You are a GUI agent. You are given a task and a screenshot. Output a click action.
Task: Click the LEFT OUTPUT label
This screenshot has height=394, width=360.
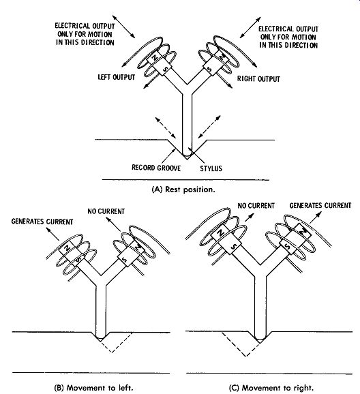click(117, 77)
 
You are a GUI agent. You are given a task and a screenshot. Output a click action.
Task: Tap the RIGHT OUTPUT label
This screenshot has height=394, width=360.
click(258, 79)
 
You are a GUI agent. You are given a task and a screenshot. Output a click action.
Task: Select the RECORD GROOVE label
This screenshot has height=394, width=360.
click(156, 168)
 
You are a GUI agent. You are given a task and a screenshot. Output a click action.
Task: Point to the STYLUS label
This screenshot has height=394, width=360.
click(211, 168)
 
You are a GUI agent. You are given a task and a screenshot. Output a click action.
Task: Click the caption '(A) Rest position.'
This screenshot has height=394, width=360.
click(183, 190)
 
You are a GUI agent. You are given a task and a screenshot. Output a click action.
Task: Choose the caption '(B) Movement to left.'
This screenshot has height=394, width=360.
click(93, 388)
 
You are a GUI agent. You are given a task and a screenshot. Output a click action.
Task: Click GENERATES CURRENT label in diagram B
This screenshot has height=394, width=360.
click(42, 222)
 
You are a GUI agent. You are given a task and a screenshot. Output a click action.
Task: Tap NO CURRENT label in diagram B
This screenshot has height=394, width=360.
click(106, 211)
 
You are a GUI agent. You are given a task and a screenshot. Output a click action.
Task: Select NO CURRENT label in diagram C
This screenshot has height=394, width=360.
click(256, 206)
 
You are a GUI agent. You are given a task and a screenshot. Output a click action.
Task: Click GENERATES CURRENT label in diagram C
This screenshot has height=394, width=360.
click(320, 205)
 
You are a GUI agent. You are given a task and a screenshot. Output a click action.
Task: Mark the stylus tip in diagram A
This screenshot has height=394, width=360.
click(187, 157)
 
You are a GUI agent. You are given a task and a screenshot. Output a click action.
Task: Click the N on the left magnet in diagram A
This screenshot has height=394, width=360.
click(155, 57)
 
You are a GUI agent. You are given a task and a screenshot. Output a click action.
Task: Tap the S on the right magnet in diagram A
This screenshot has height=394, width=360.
click(209, 68)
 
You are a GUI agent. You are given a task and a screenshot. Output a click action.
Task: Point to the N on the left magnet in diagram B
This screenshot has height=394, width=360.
click(67, 248)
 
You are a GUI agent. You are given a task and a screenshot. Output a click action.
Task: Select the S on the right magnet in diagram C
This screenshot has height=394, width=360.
click(288, 247)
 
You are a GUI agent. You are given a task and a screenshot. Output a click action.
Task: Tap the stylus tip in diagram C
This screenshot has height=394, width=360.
click(260, 340)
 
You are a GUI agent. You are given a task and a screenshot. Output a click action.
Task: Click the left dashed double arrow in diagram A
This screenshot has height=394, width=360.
click(166, 127)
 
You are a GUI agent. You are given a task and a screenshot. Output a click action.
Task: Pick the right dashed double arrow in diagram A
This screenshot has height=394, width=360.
click(209, 127)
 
